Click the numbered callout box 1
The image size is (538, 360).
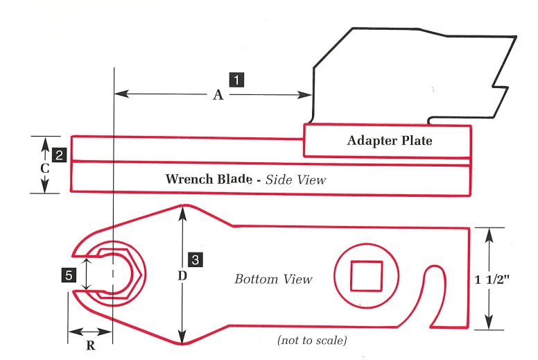(236, 79)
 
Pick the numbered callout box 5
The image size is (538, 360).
(68, 276)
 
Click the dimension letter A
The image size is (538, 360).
(218, 96)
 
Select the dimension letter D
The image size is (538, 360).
(182, 276)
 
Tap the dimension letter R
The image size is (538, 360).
(90, 346)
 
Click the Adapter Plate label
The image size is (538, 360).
(389, 141)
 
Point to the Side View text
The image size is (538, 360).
(290, 180)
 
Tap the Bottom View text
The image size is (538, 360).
(273, 280)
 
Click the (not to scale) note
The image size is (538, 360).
(312, 341)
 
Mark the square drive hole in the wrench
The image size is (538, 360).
(366, 275)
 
